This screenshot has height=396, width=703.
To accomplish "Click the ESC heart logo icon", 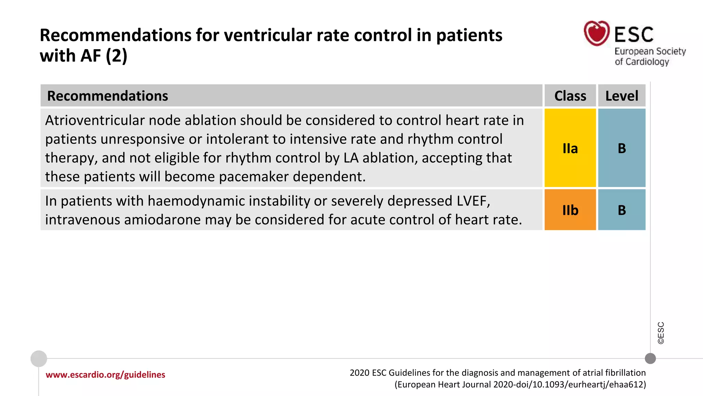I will (x=597, y=33).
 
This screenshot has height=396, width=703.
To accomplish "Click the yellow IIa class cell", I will (x=570, y=148).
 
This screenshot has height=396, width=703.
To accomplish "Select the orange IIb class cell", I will (x=570, y=210).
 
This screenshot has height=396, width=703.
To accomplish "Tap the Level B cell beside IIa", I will (x=622, y=148).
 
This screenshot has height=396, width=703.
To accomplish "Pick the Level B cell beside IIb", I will (x=622, y=210).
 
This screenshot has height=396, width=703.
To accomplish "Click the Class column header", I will (x=570, y=96).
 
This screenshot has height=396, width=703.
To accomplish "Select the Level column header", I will (x=622, y=96).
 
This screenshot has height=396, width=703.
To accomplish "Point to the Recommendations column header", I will (x=107, y=96).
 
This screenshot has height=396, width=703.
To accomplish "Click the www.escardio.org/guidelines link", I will (x=105, y=374).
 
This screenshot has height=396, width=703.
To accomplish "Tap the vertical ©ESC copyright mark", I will (x=661, y=333).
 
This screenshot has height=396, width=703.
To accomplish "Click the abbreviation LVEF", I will (x=473, y=201).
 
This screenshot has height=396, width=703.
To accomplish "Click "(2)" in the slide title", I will (x=116, y=56).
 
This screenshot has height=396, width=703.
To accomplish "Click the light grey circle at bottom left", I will (x=39, y=359).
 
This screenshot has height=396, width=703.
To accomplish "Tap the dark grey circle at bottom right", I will (x=650, y=359).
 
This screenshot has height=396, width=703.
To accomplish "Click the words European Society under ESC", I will (x=650, y=51).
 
